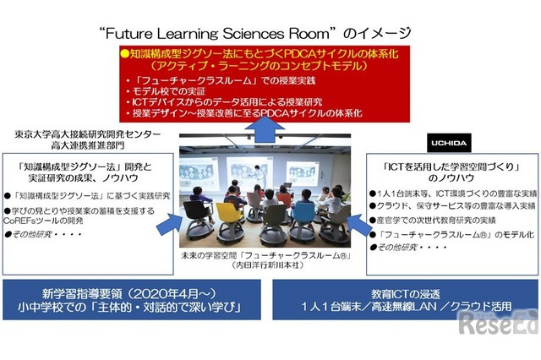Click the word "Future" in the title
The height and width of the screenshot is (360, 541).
139,34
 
